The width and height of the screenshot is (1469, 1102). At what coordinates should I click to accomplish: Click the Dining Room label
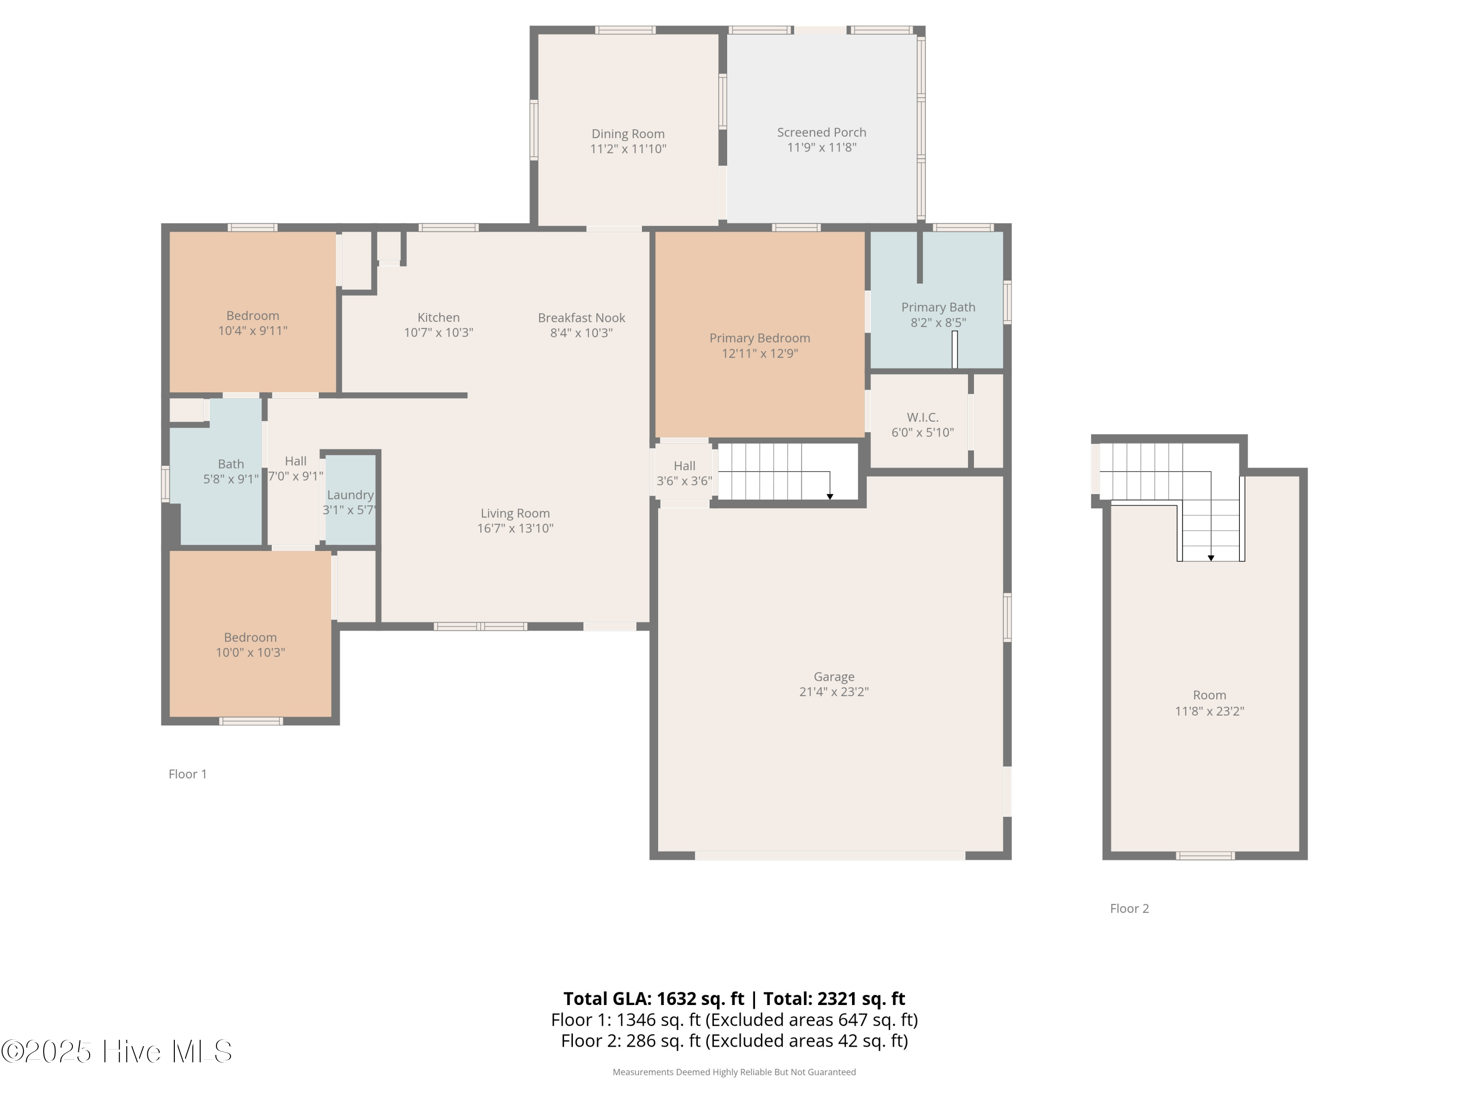click(x=628, y=134)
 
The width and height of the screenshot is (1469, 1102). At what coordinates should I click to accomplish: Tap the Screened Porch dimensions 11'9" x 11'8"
click(x=822, y=147)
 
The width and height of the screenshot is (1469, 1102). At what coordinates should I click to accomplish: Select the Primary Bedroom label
click(x=760, y=338)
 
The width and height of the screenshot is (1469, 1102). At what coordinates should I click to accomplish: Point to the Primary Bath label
click(x=938, y=308)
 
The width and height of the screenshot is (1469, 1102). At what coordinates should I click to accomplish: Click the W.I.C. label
click(x=923, y=417)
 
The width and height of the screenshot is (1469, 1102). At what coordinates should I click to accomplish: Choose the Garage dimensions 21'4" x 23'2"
click(x=833, y=692)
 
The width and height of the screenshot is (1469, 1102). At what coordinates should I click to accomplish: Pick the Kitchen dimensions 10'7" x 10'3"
click(x=438, y=333)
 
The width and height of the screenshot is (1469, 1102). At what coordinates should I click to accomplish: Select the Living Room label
click(x=515, y=513)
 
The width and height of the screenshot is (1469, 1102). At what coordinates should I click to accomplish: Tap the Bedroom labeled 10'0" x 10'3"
click(x=250, y=638)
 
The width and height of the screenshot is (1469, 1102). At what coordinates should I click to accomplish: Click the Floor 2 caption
click(x=1129, y=909)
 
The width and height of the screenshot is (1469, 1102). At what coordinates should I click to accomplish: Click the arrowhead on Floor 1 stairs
click(x=829, y=497)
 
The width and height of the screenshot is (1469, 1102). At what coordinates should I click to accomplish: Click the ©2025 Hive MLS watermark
click(x=116, y=1052)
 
